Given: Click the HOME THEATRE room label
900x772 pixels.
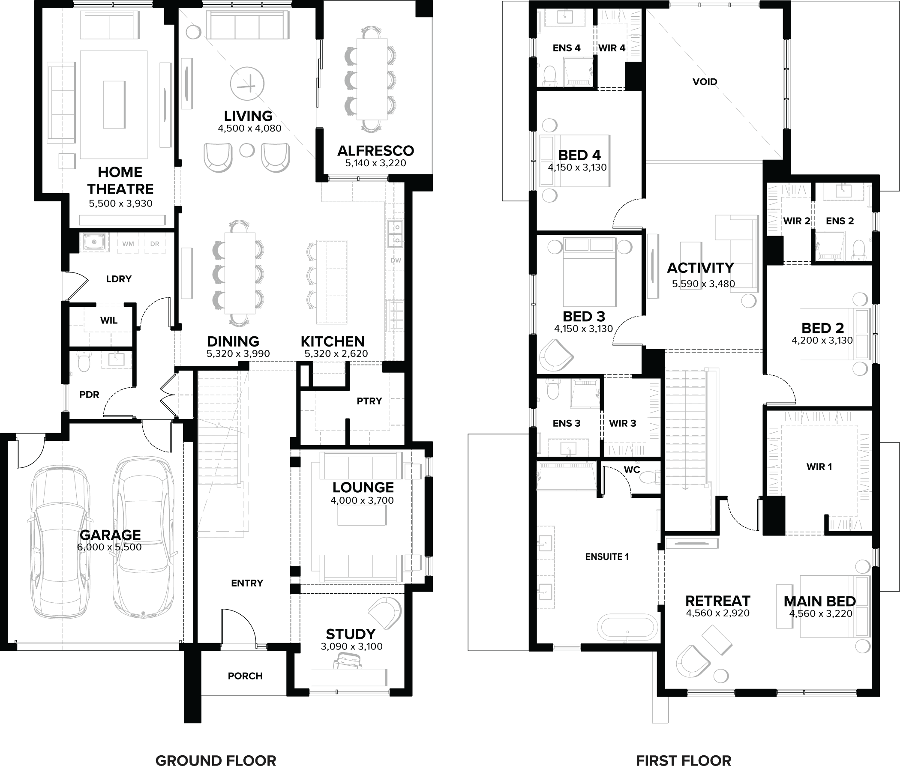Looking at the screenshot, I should [x=120, y=181].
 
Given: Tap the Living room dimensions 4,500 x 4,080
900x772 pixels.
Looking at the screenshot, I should [x=249, y=129].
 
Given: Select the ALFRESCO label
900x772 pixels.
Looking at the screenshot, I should [x=375, y=151].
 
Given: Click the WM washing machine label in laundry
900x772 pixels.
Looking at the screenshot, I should [x=128, y=244].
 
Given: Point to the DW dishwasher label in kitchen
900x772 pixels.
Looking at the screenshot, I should [x=396, y=260].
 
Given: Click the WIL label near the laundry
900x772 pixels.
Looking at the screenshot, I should [x=108, y=320].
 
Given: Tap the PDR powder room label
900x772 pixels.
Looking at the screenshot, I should [x=89, y=395].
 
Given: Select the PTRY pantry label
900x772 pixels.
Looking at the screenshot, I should [x=369, y=401].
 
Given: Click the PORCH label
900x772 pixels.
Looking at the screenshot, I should [x=245, y=676].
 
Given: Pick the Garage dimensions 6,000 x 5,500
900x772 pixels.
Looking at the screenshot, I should [x=109, y=547].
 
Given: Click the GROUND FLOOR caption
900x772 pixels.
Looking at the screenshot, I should [x=216, y=748].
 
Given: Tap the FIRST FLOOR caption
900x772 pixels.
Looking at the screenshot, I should [x=683, y=748].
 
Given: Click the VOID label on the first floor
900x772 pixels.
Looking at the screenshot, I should [x=705, y=82].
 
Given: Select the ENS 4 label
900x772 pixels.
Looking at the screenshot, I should [x=567, y=48].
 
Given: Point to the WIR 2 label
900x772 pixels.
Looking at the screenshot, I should [x=796, y=221].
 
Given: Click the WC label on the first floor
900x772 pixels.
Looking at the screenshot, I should [x=632, y=470].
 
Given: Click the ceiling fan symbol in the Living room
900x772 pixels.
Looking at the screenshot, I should [x=247, y=84].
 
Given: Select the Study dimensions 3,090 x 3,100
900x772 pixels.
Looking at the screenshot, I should [x=351, y=646].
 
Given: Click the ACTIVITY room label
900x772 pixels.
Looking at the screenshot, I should [x=700, y=268].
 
